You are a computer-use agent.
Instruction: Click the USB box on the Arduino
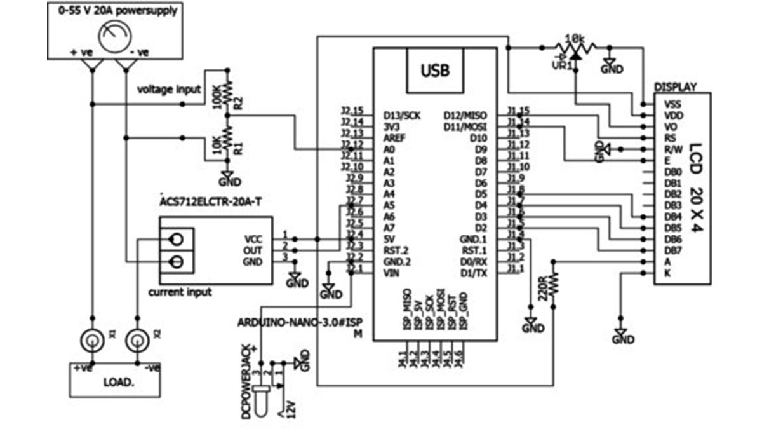436,69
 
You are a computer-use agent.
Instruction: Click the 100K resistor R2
228,90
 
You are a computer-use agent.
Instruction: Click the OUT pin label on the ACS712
253,250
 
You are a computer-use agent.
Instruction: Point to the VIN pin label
392,273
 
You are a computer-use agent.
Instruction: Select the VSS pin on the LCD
672,104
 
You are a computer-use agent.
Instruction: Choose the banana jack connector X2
137,340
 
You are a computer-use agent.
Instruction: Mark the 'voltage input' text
170,90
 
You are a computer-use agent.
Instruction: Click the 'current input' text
180,292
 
